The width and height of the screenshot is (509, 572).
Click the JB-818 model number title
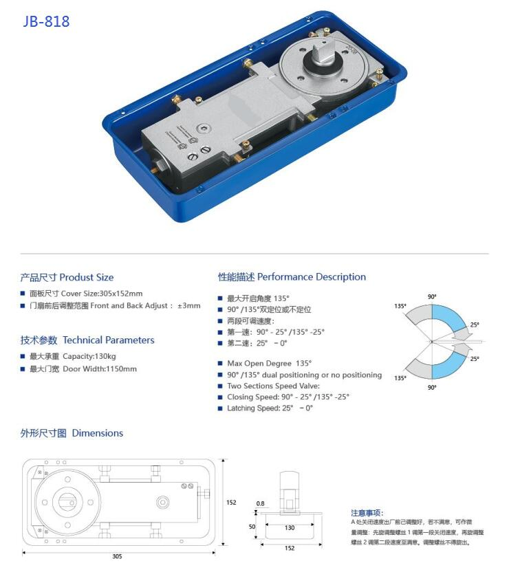46,21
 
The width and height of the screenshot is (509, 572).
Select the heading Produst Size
67,278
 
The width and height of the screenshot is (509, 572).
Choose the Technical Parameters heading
87,340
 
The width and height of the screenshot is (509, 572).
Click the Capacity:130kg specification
73,356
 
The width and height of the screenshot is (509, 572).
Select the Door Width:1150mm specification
83,369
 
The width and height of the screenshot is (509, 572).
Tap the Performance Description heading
292,277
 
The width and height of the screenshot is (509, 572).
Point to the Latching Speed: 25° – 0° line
269,408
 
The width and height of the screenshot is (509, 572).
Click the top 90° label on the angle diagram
432,296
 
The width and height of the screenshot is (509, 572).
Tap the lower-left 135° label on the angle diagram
400,378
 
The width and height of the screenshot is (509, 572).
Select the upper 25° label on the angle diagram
475,324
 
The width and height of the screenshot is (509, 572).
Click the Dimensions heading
72,433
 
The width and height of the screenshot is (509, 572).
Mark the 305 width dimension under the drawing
118,557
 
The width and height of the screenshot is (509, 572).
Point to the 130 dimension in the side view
290,528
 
